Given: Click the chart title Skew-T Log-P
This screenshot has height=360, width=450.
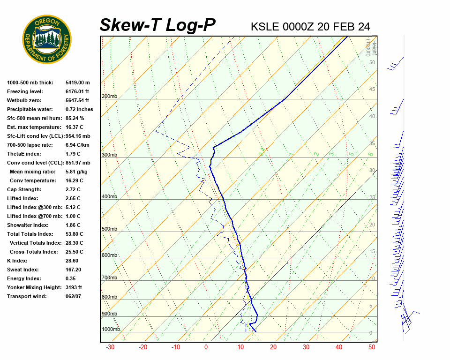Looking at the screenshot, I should [157, 25].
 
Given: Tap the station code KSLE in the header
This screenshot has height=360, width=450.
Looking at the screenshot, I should [265, 27].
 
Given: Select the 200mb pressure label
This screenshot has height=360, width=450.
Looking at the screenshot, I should [109, 97].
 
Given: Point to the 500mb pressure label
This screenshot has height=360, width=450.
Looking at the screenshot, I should [109, 229].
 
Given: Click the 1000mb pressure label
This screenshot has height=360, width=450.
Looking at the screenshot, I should [111, 330].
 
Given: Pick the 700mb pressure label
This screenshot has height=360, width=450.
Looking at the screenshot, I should [109, 278].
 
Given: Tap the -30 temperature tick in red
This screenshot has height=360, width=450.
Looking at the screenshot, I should [110, 347].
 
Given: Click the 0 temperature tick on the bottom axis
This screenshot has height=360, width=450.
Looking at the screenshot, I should [206, 347].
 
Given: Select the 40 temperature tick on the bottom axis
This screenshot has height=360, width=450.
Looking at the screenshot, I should [339, 347].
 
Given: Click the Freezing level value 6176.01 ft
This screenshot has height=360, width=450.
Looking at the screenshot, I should [77, 91].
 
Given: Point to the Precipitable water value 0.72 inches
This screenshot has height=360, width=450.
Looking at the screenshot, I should [79, 109].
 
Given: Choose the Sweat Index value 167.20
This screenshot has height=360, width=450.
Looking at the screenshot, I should [73, 270].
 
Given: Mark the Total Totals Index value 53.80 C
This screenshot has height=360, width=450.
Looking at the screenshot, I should [74, 234].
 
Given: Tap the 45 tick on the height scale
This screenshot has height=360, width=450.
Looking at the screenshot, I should [372, 90].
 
